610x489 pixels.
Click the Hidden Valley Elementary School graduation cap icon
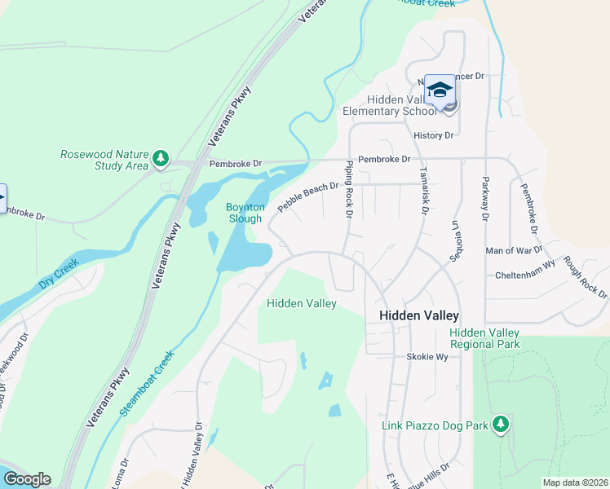[x=440, y=90]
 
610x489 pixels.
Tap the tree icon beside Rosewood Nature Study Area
[x=161, y=157]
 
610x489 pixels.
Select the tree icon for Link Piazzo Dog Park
[x=501, y=424]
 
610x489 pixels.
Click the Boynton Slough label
[x=244, y=213]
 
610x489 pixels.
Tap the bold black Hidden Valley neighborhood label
[x=419, y=315]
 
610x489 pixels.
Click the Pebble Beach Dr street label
[x=307, y=198]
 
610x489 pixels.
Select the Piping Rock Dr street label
[x=348, y=190]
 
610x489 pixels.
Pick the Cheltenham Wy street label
[x=525, y=275]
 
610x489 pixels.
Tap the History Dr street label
[x=433, y=135]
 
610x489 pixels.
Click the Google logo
[x=27, y=479]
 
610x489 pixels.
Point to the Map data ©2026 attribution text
[x=576, y=482]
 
